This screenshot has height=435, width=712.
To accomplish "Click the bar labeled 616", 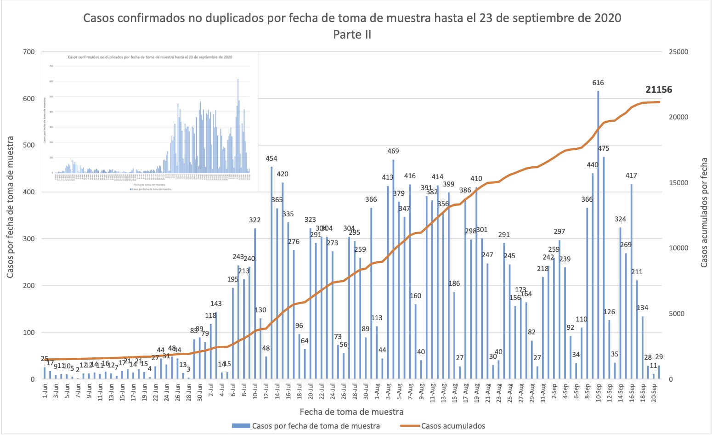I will coord(598,234).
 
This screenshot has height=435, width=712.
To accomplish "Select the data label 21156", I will coord(658,90).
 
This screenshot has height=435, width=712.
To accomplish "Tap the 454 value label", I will coord(271,158).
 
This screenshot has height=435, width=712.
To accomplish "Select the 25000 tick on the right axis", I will coord(678,52).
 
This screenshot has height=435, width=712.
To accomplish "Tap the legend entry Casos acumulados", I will coord(453,426).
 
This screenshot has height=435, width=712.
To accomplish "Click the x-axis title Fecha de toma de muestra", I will coord(351,412).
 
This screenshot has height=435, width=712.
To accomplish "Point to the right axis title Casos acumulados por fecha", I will coord(704,213).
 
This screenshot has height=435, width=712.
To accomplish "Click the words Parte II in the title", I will coord(352,34).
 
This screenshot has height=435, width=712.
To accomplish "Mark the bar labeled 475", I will coord(604,268).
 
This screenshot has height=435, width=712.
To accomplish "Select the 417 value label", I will coord(631,175).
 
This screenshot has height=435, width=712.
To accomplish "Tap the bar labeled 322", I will coord(255,303).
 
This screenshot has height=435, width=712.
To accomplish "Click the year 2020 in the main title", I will coord(608,18).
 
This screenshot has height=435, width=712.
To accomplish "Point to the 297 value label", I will coord(559,232).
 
